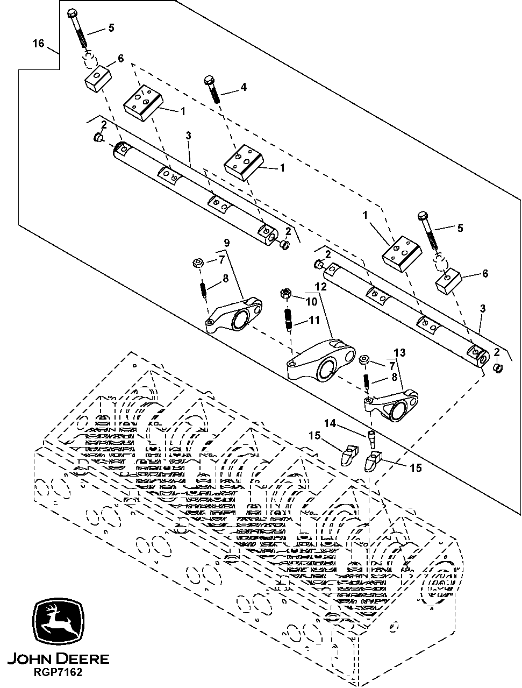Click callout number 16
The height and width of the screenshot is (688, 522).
[38, 44]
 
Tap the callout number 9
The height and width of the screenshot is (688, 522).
[226, 243]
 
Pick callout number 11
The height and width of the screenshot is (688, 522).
[314, 320]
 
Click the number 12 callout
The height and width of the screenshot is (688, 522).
[320, 287]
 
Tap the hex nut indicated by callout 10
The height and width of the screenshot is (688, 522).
[286, 294]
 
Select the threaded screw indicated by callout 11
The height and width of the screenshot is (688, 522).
[289, 318]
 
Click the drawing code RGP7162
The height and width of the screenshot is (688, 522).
[59, 672]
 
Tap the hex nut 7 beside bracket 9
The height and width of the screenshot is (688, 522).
[197, 263]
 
